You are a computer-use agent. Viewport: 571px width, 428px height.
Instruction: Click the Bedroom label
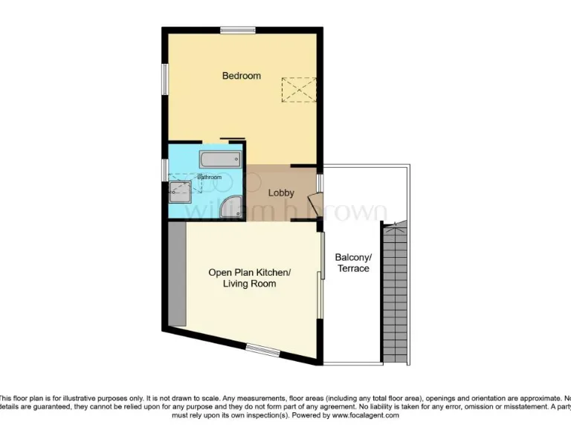pos(242,76)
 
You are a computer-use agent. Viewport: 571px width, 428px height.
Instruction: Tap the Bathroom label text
pos(209,177)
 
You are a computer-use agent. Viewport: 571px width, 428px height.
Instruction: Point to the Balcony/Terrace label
pos(353,262)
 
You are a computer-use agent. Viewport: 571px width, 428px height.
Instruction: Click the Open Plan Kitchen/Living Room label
pos(249,278)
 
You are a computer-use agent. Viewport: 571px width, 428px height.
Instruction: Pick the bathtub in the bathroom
pos(220,158)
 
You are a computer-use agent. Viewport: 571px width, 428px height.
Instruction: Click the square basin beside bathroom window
pos(181,191)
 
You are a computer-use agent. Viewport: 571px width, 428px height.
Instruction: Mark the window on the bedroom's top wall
pos(237,30)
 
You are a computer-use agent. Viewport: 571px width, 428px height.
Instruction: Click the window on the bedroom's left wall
pos(165,79)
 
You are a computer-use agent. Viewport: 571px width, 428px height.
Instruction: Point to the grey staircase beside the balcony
pos(395,290)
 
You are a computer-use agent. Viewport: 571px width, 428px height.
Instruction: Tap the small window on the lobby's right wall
pos(320,183)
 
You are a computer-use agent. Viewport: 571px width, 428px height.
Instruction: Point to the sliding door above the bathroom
pos(232,138)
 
